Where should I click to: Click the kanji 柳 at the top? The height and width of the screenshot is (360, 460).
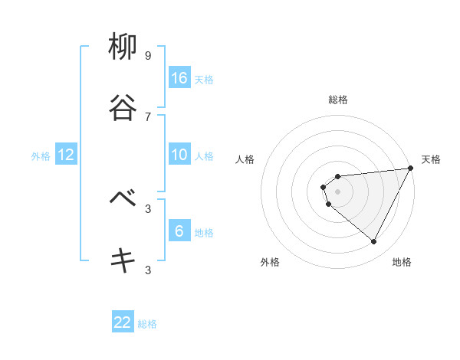click(123, 47)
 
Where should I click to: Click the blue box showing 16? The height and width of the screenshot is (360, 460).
click(179, 78)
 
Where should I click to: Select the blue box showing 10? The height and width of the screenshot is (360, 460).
click(179, 155)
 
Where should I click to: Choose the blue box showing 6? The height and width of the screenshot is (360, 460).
click(179, 231)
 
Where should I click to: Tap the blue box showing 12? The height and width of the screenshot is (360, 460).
click(66, 155)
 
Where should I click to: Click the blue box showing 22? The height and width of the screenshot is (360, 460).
click(123, 322)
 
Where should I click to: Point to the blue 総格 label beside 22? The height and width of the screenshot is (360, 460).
click(147, 324)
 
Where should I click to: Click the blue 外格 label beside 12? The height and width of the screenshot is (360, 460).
click(41, 156)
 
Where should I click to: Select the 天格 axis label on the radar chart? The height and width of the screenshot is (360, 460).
click(431, 159)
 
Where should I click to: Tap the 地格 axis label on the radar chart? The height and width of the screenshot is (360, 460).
click(402, 262)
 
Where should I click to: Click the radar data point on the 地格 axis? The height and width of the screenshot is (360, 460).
click(374, 241)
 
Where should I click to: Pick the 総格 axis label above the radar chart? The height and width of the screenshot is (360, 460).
click(338, 100)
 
